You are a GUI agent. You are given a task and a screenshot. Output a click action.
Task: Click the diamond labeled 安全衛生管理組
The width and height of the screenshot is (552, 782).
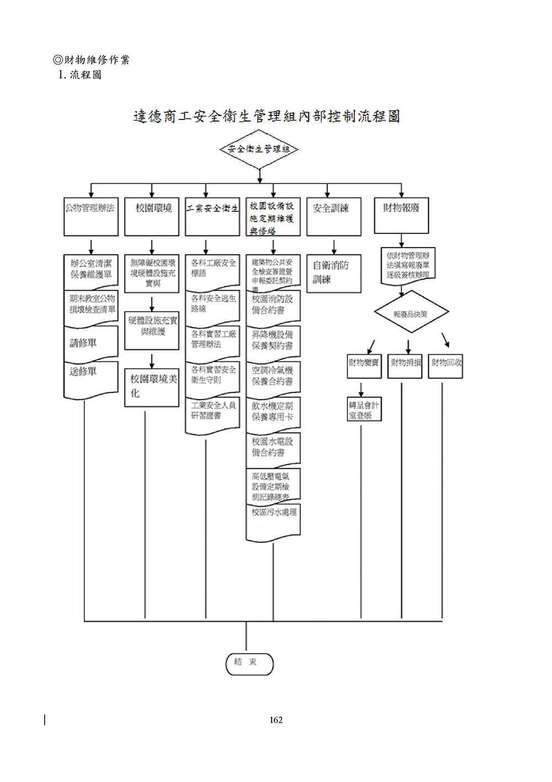click(259, 149)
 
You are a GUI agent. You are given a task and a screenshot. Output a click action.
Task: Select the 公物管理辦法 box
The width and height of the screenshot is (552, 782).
click(91, 217)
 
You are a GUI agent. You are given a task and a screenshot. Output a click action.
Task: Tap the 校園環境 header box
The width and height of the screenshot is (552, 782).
click(152, 217)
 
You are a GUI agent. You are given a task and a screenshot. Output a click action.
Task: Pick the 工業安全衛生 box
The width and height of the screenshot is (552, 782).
click(213, 217)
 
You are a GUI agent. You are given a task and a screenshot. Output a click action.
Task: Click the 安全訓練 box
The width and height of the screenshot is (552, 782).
click(333, 217)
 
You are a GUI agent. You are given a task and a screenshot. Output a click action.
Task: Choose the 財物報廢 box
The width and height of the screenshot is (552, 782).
click(401, 215)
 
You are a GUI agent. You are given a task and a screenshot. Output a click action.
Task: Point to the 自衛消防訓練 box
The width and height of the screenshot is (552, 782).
click(333, 273)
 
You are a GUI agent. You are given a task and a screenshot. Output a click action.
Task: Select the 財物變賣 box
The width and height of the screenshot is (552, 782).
click(364, 366)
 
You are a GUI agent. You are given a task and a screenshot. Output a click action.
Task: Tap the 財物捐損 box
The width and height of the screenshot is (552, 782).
click(405, 366)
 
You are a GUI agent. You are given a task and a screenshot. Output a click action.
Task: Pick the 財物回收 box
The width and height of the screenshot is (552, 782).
click(445, 366)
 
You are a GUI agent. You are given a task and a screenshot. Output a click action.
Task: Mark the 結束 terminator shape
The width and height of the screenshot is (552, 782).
click(250, 664)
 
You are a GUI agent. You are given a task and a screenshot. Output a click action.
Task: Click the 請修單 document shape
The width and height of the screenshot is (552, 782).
click(91, 343)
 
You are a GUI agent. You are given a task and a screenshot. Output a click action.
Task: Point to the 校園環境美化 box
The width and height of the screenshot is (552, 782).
click(152, 387)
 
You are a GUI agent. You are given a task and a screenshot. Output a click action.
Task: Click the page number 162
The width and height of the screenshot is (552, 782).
click(276, 720)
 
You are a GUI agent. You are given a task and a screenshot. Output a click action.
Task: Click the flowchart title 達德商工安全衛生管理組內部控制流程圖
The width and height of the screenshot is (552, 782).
click(267, 116)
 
